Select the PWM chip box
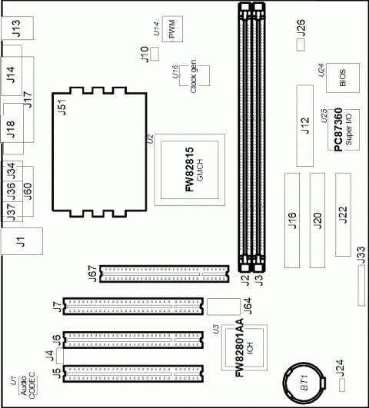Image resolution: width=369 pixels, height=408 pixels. [x=174, y=30]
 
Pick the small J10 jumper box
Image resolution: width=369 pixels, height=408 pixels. [x=153, y=53]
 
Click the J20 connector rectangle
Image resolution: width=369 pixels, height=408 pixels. [x=317, y=220]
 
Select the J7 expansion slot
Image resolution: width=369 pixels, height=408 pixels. [x=135, y=306]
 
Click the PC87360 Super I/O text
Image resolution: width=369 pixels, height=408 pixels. [x=337, y=134]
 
